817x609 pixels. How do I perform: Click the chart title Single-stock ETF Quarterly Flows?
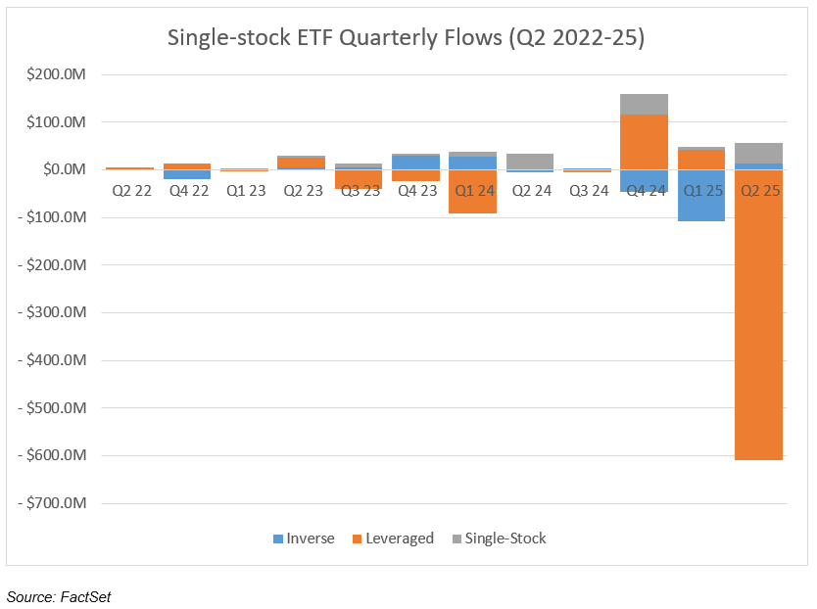[x=407, y=38]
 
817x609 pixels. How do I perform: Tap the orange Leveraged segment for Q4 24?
[x=645, y=142]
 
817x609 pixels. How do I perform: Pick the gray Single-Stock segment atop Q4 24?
[x=645, y=104]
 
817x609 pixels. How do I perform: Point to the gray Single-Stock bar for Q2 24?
[x=530, y=162]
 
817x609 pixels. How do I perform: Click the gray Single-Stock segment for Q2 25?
[x=759, y=153]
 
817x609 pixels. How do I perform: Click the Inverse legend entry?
[x=304, y=539]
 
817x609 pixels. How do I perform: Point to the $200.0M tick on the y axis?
[x=62, y=74]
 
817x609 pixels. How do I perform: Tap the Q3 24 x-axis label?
[x=587, y=191]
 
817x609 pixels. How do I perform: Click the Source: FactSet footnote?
[x=59, y=595]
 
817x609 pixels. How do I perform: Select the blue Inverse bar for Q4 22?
[x=186, y=174]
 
